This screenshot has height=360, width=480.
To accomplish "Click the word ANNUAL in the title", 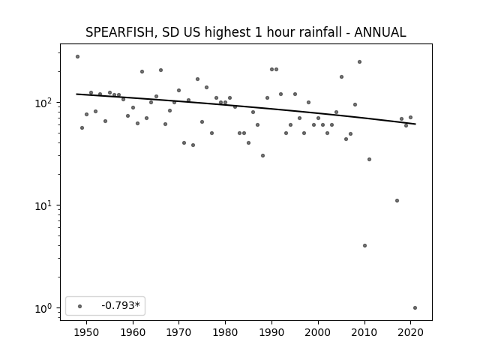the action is pos(380,32).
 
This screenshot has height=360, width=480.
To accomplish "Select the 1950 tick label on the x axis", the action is pos(87,332).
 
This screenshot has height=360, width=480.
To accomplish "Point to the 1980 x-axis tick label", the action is pos(225,332).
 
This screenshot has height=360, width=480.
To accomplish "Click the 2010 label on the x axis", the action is pos(364,332).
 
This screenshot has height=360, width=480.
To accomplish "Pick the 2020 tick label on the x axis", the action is pos(410,332).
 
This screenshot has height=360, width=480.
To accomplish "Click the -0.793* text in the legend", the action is pos(121,305).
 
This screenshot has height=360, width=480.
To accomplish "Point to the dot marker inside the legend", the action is pos(79,306).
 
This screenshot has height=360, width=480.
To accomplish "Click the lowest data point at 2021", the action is pos(415,308).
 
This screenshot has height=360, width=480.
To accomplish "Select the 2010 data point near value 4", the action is pos(364,245).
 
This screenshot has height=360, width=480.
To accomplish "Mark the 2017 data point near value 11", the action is pos(397,200).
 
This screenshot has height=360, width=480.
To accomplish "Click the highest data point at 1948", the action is pos(77,57).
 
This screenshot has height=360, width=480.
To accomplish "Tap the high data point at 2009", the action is pos(360,61).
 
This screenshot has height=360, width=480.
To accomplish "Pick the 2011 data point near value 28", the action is pos(369,159).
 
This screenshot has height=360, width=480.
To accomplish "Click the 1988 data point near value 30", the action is pos(262,155).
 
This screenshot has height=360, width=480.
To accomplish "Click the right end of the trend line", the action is pos(415,124).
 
